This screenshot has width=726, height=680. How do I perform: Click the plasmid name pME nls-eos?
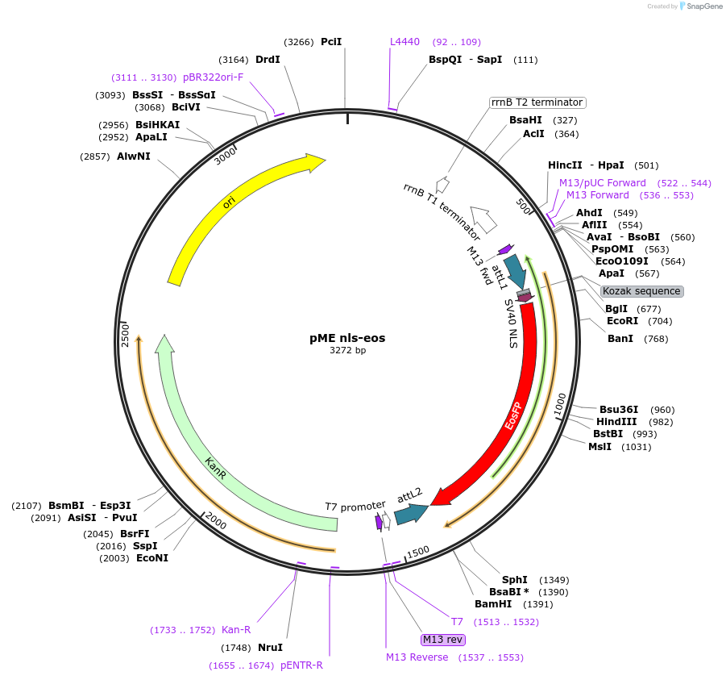(347, 338)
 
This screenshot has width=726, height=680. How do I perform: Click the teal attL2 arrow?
(410, 512)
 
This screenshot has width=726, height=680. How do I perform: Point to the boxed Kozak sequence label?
(641, 291)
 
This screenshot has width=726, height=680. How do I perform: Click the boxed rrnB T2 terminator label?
(537, 102)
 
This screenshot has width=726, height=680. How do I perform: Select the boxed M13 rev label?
(443, 640)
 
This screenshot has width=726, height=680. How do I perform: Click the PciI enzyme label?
(331, 41)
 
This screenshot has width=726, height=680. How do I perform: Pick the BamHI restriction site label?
(493, 604)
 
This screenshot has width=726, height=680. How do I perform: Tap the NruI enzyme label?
(270, 647)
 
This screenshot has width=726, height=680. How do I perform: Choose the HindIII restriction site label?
(616, 422)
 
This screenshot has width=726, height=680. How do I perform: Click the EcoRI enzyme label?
(622, 320)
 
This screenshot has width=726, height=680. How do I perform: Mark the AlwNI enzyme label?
(134, 156)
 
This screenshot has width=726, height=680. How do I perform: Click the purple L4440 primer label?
(404, 41)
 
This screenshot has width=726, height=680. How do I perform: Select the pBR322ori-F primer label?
(213, 77)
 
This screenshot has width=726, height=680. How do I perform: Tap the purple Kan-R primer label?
(236, 630)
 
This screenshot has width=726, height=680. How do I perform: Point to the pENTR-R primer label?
(301, 665)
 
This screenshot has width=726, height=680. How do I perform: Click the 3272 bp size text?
(347, 351)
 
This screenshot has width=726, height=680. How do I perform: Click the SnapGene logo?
(698, 6)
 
